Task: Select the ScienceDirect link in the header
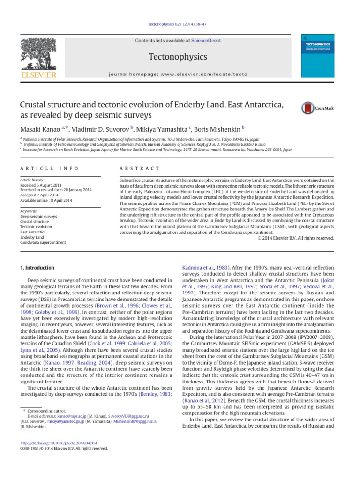pos(206,41)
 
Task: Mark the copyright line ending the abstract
pos(296,238)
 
